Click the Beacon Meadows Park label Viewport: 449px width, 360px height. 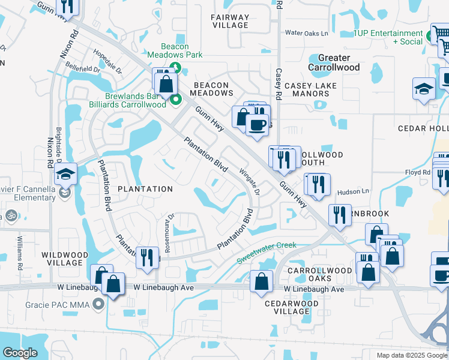pyautogui.click(x=175, y=50)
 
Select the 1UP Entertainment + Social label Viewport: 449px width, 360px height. pyautogui.click(x=388, y=37)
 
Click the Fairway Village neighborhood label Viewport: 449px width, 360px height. pyautogui.click(x=230, y=21)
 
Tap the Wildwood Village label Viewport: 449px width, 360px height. pyautogui.click(x=61, y=259)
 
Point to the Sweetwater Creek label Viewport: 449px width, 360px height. pyautogui.click(x=267, y=253)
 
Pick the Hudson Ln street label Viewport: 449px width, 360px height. pyautogui.click(x=352, y=191)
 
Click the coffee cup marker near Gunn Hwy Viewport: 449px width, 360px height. pyautogui.click(x=256, y=125)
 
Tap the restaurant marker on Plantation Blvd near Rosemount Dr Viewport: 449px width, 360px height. pyautogui.click(x=147, y=257)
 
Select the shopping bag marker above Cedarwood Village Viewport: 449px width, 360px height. pyautogui.click(x=261, y=281)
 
